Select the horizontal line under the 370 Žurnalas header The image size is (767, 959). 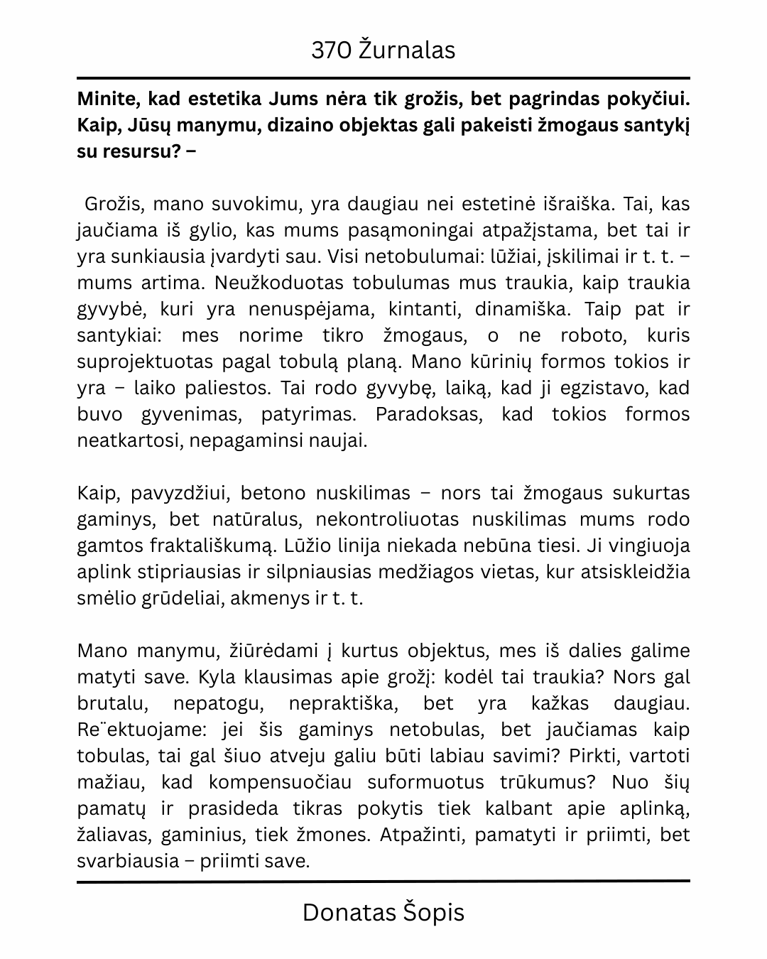point(383,77)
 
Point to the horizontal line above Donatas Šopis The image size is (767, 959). point(383,882)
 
